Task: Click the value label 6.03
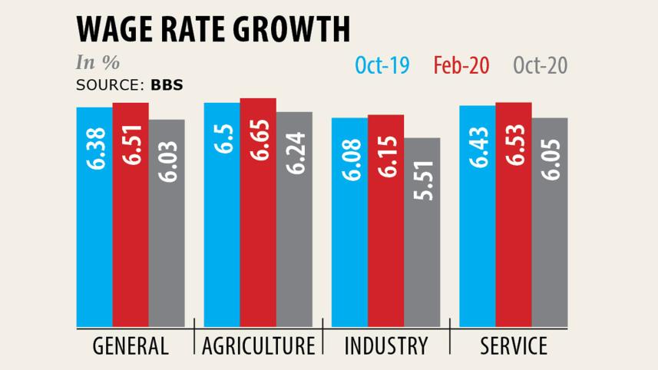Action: pos(167,160)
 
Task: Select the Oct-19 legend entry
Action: pos(382,66)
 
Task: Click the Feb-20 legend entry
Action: pos(461,66)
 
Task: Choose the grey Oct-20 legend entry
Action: pos(540,66)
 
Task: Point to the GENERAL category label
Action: pos(131,346)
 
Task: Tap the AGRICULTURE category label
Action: pos(258,346)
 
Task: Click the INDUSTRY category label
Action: pos(385,346)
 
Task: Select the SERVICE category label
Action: pos(514,346)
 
